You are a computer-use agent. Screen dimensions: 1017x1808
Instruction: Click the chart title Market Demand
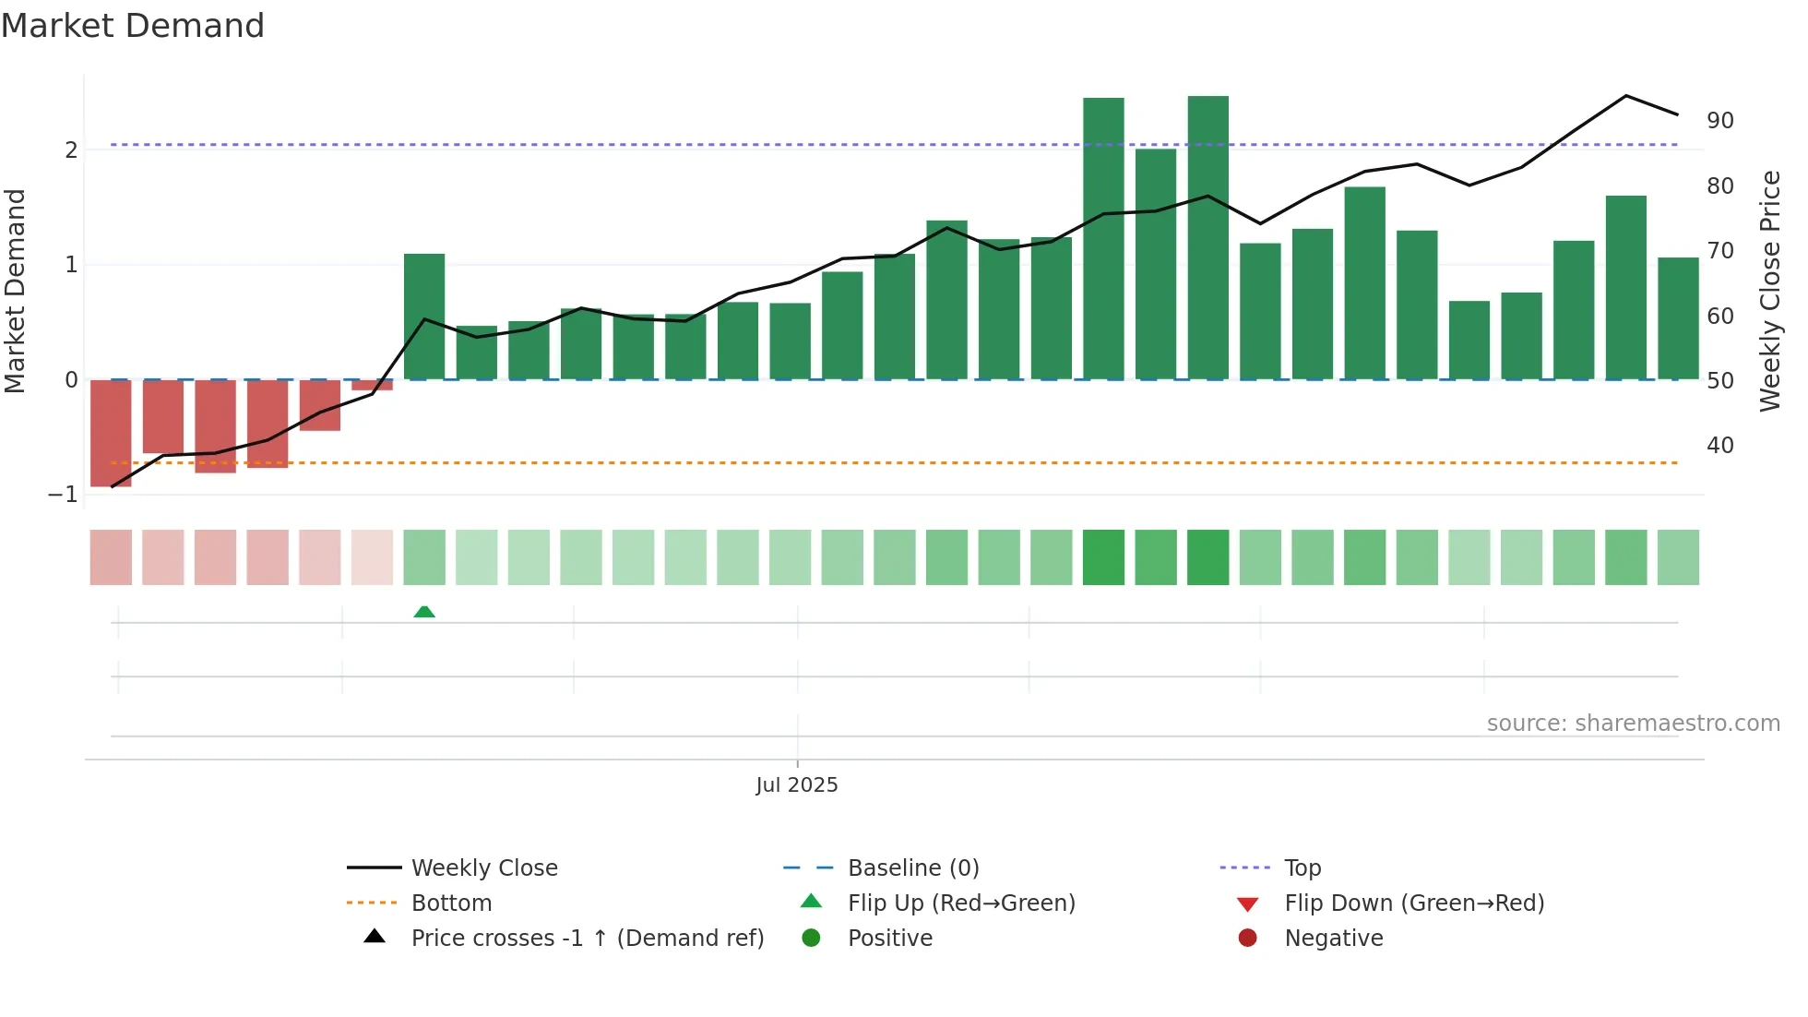(x=133, y=26)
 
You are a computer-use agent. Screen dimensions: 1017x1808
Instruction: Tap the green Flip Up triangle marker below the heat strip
(x=424, y=612)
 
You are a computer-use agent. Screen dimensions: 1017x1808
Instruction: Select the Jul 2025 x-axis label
(x=797, y=785)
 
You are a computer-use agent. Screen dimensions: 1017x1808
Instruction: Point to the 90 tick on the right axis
(x=1719, y=121)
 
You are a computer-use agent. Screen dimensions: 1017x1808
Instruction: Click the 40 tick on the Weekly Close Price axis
(x=1719, y=446)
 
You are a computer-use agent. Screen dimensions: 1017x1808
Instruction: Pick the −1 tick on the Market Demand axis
(x=64, y=495)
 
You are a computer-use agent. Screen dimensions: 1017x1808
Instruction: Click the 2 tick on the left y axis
(x=71, y=150)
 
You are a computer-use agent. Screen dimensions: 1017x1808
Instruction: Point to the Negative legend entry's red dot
(x=1247, y=939)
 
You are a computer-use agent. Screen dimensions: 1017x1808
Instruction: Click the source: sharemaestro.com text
(x=1633, y=724)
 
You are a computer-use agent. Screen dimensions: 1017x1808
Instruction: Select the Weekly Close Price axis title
(x=1769, y=291)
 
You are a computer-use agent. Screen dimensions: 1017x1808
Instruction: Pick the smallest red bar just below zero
(x=372, y=385)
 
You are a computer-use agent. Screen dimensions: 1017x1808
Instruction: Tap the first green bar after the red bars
(x=424, y=316)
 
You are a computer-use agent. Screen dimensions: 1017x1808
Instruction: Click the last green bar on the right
(x=1678, y=318)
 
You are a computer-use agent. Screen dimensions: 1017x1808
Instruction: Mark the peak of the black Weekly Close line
(x=1625, y=96)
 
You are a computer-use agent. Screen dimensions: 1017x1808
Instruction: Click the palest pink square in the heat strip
(x=372, y=557)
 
